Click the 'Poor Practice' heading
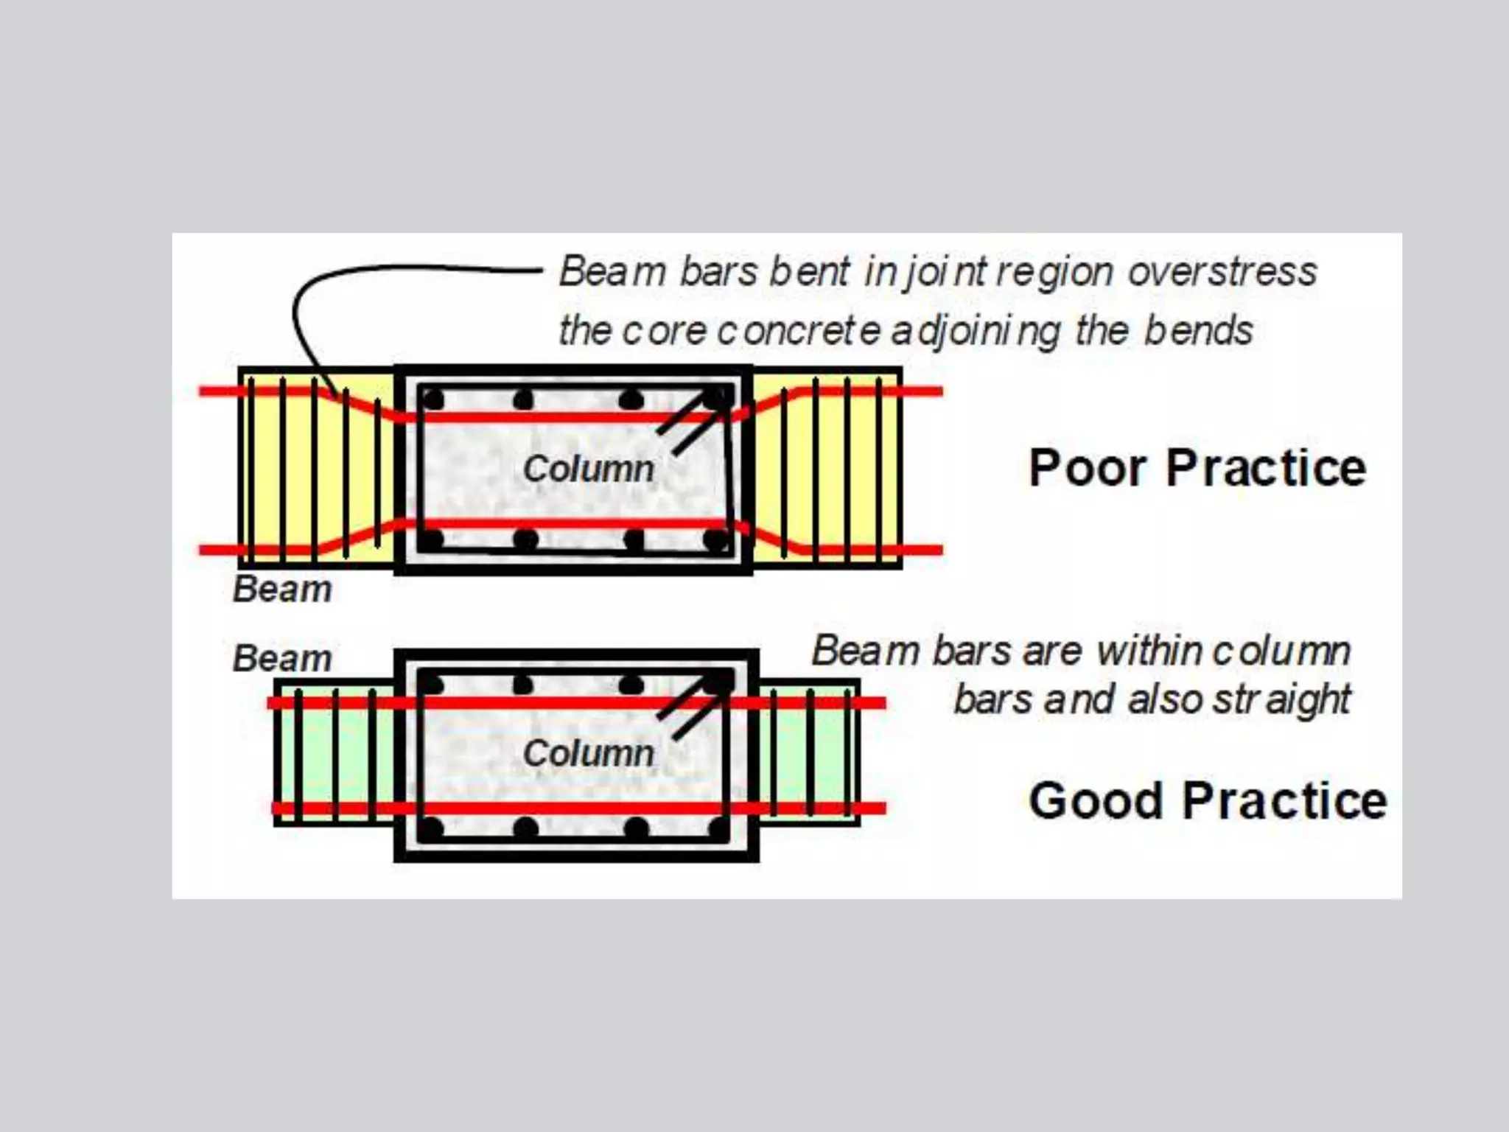pyautogui.click(x=1197, y=468)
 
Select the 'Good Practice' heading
pyautogui.click(x=1208, y=800)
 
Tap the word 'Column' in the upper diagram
pyautogui.click(x=588, y=469)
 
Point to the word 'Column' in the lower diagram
pyautogui.click(x=588, y=753)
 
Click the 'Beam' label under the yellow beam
pyautogui.click(x=282, y=590)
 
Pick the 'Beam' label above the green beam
pyautogui.click(x=282, y=658)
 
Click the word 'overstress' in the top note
pyautogui.click(x=1222, y=272)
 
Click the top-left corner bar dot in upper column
pyautogui.click(x=433, y=400)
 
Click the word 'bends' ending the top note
pyautogui.click(x=1198, y=331)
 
